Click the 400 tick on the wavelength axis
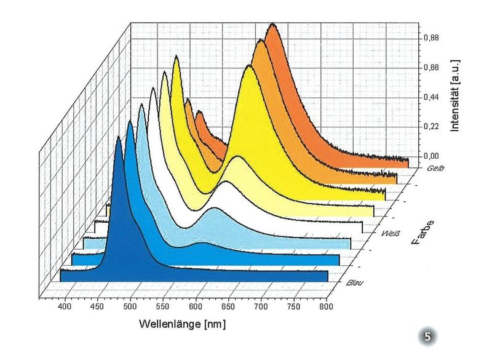65,306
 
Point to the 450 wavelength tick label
97,306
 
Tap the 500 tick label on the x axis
130,306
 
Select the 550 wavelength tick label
163,306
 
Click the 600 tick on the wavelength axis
196,306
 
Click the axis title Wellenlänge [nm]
183,324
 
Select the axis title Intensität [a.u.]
455,95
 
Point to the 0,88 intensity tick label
432,38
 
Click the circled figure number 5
429,336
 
